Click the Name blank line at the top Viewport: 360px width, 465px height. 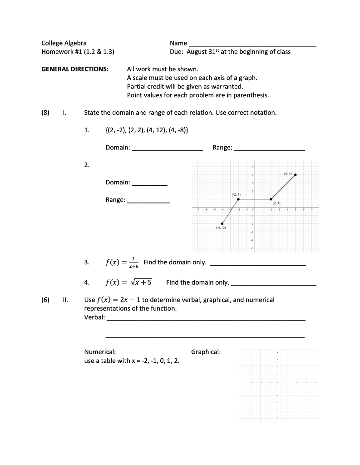click(x=252, y=45)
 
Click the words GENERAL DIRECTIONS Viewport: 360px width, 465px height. click(x=75, y=69)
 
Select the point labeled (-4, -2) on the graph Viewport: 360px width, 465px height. click(x=222, y=223)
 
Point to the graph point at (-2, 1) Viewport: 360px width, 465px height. click(x=238, y=199)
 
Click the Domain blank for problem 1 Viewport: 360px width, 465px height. click(x=167, y=148)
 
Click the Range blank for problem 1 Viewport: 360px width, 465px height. click(x=269, y=148)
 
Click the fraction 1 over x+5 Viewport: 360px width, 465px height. click(x=134, y=262)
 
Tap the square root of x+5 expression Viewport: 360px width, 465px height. click(x=141, y=282)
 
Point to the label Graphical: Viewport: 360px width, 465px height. click(x=206, y=352)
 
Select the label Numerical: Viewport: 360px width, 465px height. click(x=100, y=352)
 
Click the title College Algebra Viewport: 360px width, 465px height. click(x=64, y=43)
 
